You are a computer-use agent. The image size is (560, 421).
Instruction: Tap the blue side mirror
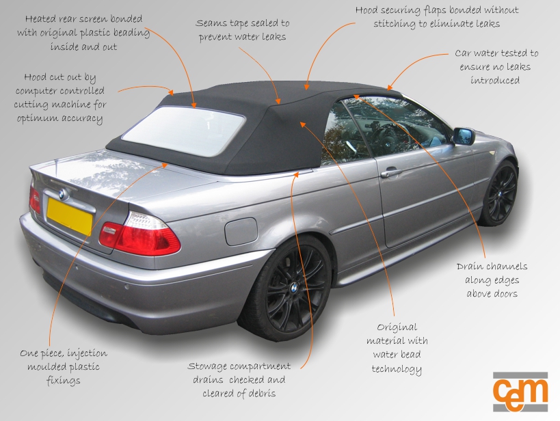click(x=464, y=136)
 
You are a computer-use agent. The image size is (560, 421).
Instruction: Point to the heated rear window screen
click(x=183, y=131)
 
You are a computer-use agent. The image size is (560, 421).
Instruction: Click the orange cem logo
click(x=520, y=392)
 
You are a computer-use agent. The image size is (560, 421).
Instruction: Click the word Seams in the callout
click(x=213, y=23)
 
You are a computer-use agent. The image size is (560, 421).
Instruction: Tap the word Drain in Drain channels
click(x=472, y=267)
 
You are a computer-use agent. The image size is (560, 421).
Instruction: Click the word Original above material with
click(x=397, y=327)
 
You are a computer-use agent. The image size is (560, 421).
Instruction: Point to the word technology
click(x=397, y=368)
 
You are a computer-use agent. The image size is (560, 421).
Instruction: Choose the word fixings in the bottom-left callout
click(x=64, y=380)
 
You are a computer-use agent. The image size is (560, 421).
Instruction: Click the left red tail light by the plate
click(x=34, y=199)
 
